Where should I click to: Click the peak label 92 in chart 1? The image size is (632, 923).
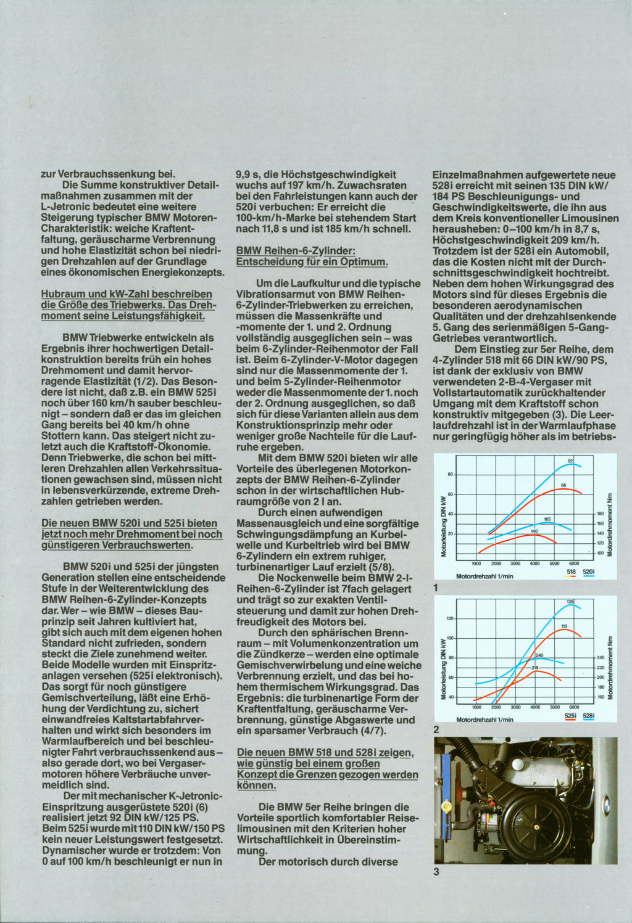pos(570,461)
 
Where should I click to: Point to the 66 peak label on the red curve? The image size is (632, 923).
pos(563,486)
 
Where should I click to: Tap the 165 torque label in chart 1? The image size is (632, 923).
pos(547,519)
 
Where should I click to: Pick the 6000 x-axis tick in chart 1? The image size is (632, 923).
pos(573,564)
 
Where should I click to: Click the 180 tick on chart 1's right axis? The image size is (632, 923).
pos(600,514)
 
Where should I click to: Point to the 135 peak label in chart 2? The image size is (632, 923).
pos(570,601)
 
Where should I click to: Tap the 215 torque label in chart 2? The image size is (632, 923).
pos(535,668)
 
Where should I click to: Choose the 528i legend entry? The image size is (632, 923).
pos(589,716)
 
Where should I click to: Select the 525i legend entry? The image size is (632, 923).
pos(570,716)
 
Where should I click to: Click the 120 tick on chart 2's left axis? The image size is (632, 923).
pos(450,618)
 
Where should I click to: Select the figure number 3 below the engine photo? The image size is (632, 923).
pos(436,872)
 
